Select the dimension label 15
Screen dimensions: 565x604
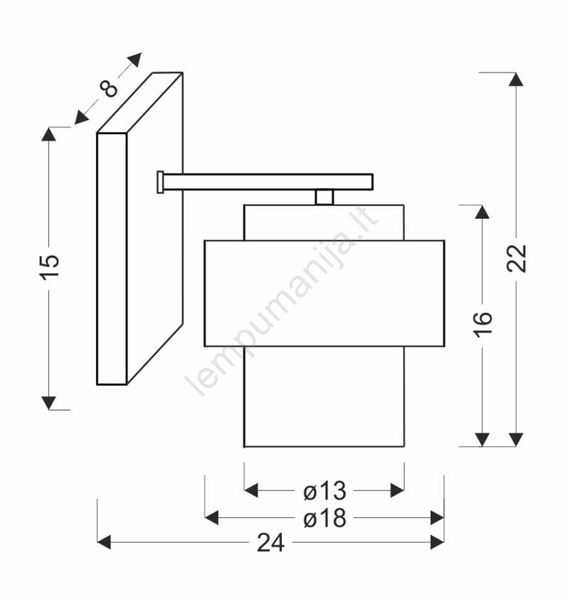coord(50,266)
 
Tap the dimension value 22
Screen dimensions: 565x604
coord(517,259)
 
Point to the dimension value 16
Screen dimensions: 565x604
coord(483,325)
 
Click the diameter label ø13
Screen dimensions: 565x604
coord(324,491)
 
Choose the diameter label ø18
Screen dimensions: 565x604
coord(324,518)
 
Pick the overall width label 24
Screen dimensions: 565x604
coord(270,542)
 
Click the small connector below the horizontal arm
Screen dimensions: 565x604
coord(324,197)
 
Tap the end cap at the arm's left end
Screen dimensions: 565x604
coord(160,182)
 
